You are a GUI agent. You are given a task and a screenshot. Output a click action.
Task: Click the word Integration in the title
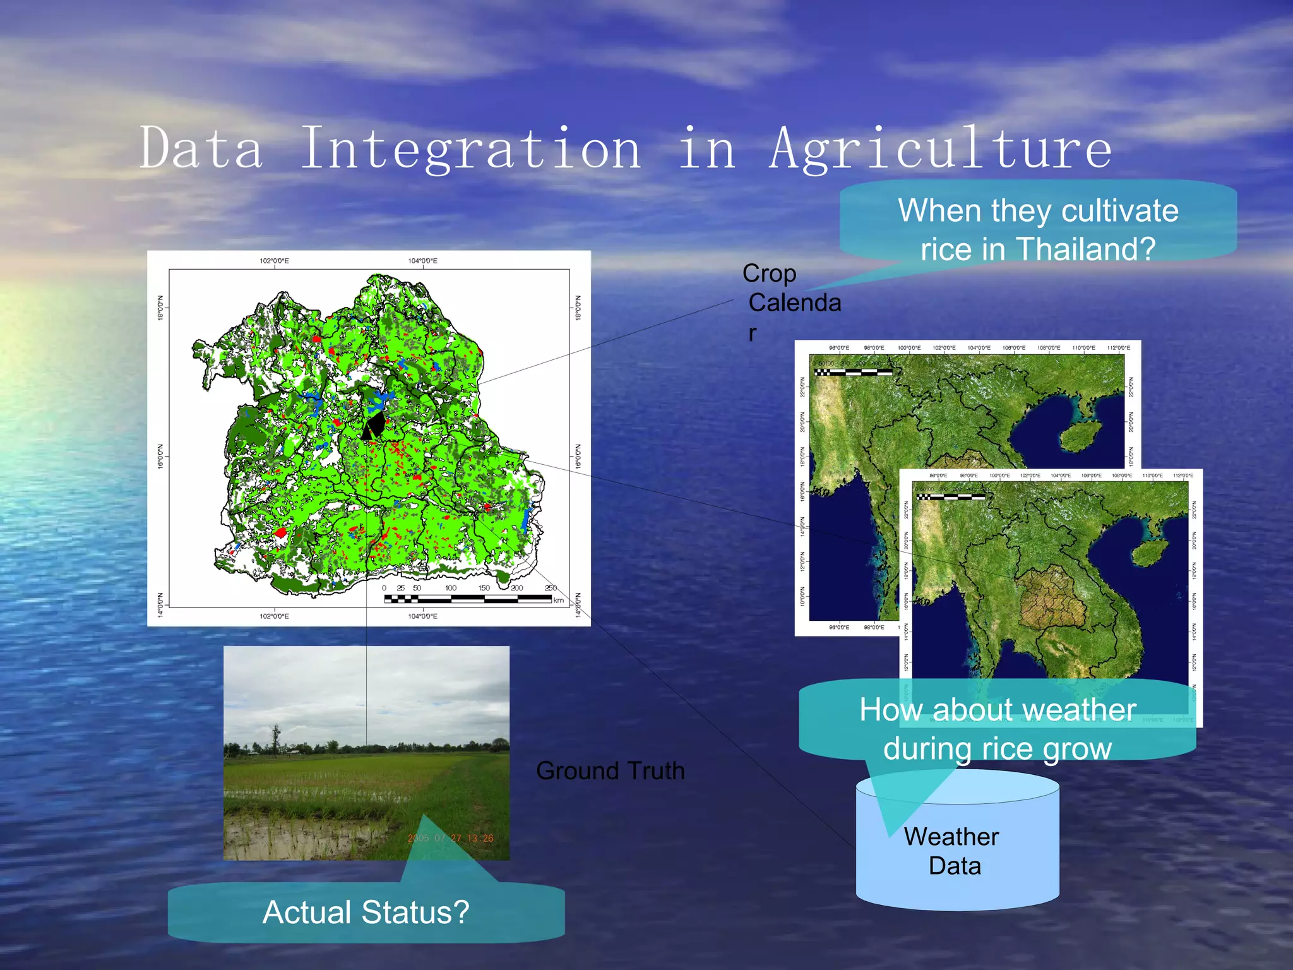point(470,149)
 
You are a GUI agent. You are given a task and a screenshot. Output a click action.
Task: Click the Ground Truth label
point(610,770)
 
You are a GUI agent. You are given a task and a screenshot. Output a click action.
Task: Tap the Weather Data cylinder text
point(953,851)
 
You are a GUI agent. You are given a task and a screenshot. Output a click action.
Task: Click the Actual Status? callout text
point(366,912)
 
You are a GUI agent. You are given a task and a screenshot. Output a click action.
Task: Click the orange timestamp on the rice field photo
point(450,838)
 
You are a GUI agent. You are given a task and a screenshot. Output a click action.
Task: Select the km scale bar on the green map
point(467,597)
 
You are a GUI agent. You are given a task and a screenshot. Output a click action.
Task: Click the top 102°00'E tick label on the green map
point(274,261)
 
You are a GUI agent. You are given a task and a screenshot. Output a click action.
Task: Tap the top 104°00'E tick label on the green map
point(422,261)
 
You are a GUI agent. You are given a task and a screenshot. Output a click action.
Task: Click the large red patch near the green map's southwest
point(281,532)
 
